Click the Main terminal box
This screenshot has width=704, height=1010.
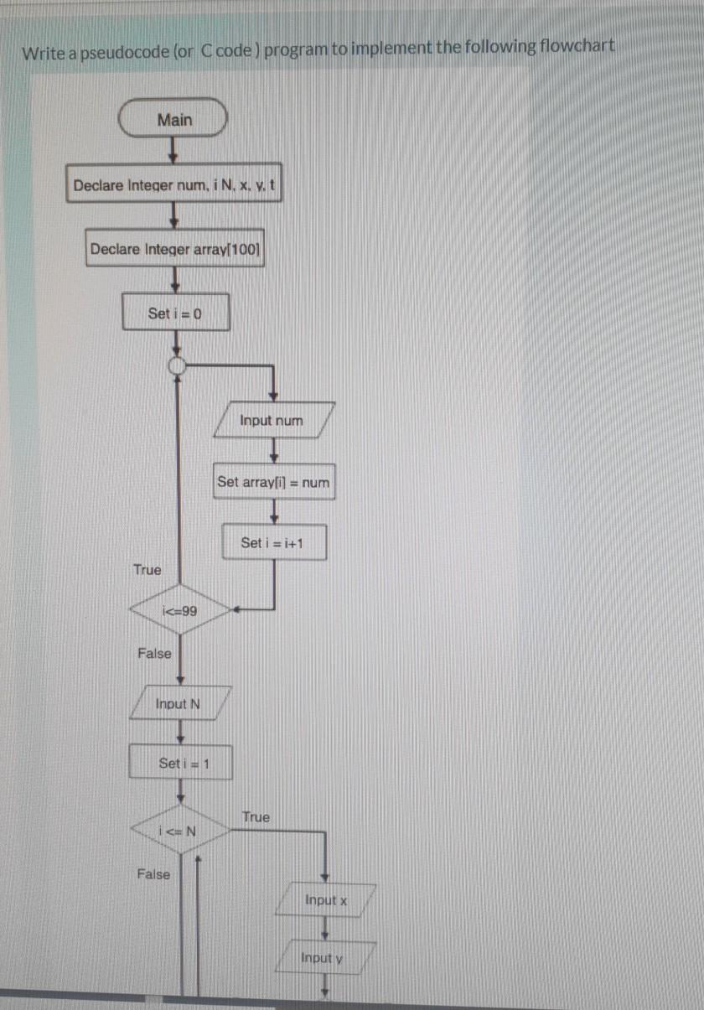coord(173,120)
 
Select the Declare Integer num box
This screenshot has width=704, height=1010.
coord(174,185)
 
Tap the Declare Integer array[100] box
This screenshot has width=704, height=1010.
coord(175,249)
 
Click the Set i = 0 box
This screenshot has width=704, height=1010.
coord(175,313)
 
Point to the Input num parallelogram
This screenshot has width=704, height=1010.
coord(272,420)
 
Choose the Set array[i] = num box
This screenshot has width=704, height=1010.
coord(273,482)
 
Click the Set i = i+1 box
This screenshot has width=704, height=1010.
coord(272,542)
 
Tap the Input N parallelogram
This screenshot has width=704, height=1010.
coord(179,703)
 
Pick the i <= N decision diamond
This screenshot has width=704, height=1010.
coord(179,831)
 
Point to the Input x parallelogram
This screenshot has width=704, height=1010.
coord(327,900)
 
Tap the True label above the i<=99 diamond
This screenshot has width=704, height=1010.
coord(147,570)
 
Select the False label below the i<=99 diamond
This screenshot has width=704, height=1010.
coord(154,654)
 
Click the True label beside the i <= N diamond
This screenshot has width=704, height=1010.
coord(256,816)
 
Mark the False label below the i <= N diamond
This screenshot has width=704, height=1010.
coord(153,875)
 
